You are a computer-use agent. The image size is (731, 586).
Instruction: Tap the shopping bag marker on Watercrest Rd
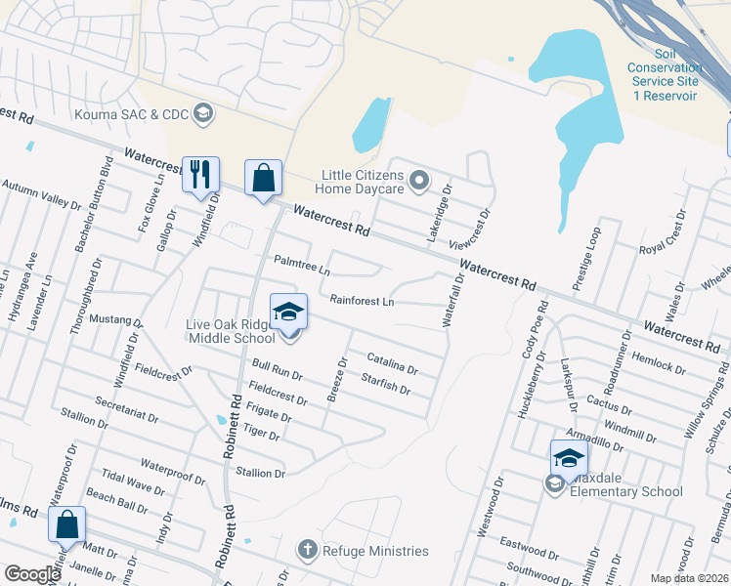pyautogui.click(x=263, y=179)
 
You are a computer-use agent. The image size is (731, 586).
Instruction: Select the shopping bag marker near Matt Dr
pyautogui.click(x=66, y=524)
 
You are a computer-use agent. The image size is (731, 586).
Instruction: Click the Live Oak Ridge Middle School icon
pyautogui.click(x=289, y=313)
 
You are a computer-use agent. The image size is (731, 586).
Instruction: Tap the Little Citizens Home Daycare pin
pyautogui.click(x=419, y=179)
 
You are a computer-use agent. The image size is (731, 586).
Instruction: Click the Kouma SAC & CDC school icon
pyautogui.click(x=203, y=113)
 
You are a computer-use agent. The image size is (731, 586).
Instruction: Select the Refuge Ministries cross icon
pyautogui.click(x=308, y=551)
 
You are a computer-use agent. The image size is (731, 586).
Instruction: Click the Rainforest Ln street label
pyautogui.click(x=362, y=302)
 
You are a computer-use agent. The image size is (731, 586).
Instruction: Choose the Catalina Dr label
pyautogui.click(x=392, y=364)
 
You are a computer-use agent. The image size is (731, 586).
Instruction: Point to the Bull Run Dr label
pyautogui.click(x=277, y=369)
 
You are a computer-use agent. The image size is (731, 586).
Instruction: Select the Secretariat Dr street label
pyautogui.click(x=127, y=409)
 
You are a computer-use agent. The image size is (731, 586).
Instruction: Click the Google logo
pyautogui.click(x=33, y=574)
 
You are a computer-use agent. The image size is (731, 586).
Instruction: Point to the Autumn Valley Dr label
pyautogui.click(x=41, y=193)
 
